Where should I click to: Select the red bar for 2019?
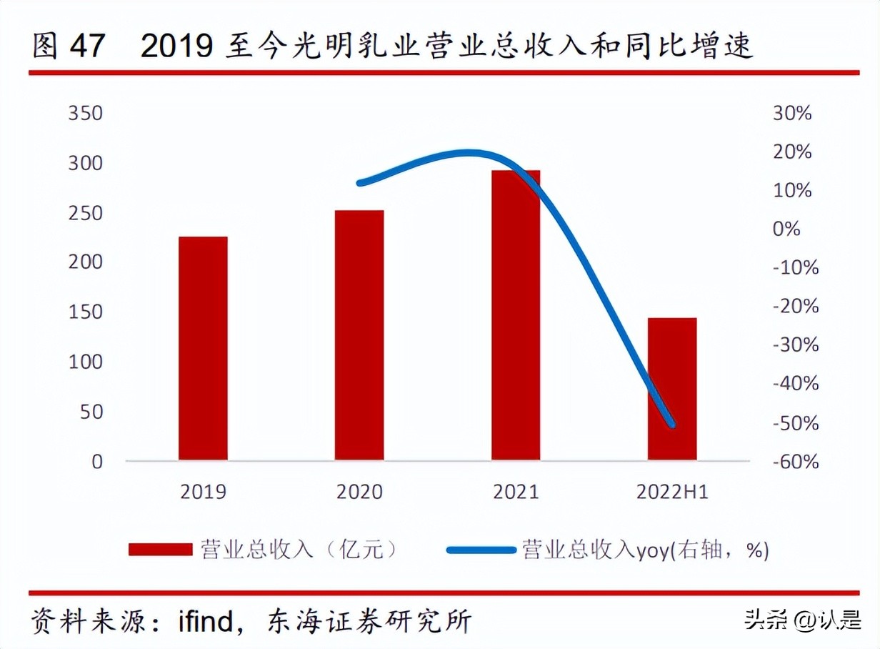click(x=203, y=348)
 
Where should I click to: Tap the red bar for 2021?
click(x=516, y=314)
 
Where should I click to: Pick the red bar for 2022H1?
click(x=672, y=389)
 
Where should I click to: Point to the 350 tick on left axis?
click(x=85, y=114)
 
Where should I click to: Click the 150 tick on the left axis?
click(x=85, y=312)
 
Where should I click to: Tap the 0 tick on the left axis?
click(x=97, y=462)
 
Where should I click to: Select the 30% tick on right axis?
click(x=791, y=114)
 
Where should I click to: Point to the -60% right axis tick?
click(x=795, y=462)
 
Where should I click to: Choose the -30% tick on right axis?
click(x=795, y=345)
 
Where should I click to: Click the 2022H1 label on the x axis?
click(x=672, y=492)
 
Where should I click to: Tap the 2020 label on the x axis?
click(x=359, y=492)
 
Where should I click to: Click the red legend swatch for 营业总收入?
click(x=160, y=550)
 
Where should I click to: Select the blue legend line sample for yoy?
click(x=480, y=550)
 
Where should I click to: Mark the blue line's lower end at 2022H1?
click(x=671, y=425)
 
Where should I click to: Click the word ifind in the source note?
click(x=206, y=621)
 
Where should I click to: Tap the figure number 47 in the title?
click(x=86, y=47)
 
